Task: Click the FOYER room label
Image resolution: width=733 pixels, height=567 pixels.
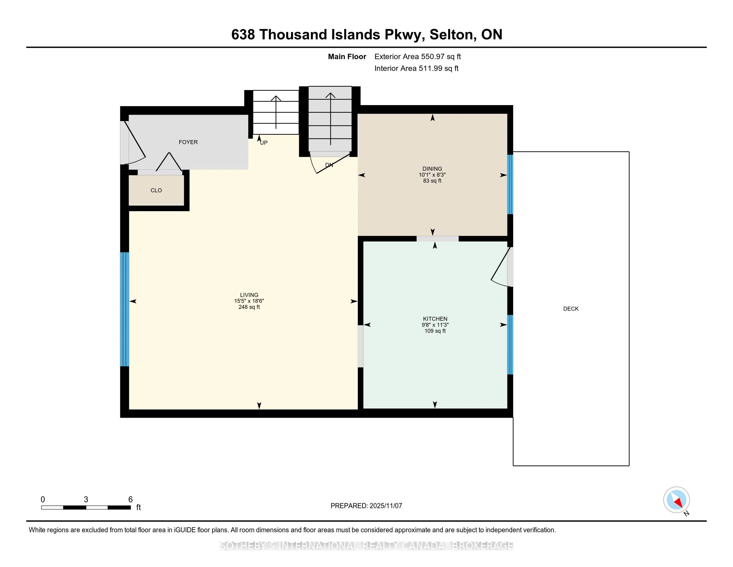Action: click(x=188, y=142)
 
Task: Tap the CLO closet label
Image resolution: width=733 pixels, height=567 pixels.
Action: click(x=156, y=190)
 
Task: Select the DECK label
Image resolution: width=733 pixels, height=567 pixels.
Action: click(x=570, y=309)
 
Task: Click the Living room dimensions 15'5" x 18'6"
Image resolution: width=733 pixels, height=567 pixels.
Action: click(x=249, y=301)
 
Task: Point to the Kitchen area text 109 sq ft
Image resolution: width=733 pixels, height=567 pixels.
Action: click(x=435, y=331)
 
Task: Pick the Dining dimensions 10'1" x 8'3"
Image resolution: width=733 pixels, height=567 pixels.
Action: click(x=432, y=175)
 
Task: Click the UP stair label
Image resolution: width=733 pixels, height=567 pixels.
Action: click(x=264, y=143)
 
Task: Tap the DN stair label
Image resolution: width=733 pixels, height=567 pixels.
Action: click(x=329, y=165)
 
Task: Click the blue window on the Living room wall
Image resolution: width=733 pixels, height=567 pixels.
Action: click(x=125, y=309)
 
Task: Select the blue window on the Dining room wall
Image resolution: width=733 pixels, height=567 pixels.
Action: click(x=510, y=184)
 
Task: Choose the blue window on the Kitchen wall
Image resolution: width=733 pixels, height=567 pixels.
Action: click(x=510, y=344)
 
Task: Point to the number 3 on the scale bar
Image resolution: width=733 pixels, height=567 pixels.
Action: click(x=86, y=500)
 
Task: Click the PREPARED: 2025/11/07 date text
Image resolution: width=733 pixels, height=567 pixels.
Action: click(x=366, y=506)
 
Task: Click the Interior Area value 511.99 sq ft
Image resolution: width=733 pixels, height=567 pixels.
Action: click(x=438, y=68)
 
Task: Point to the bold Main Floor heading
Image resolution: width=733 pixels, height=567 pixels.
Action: click(x=347, y=57)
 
